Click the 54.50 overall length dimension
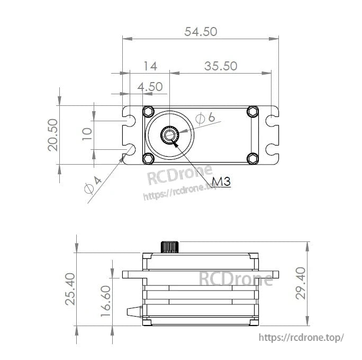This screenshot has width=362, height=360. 201,31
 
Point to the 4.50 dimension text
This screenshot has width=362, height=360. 150,86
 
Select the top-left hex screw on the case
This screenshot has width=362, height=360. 148,112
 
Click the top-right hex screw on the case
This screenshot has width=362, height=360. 252,112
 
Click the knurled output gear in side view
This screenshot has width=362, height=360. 170,247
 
